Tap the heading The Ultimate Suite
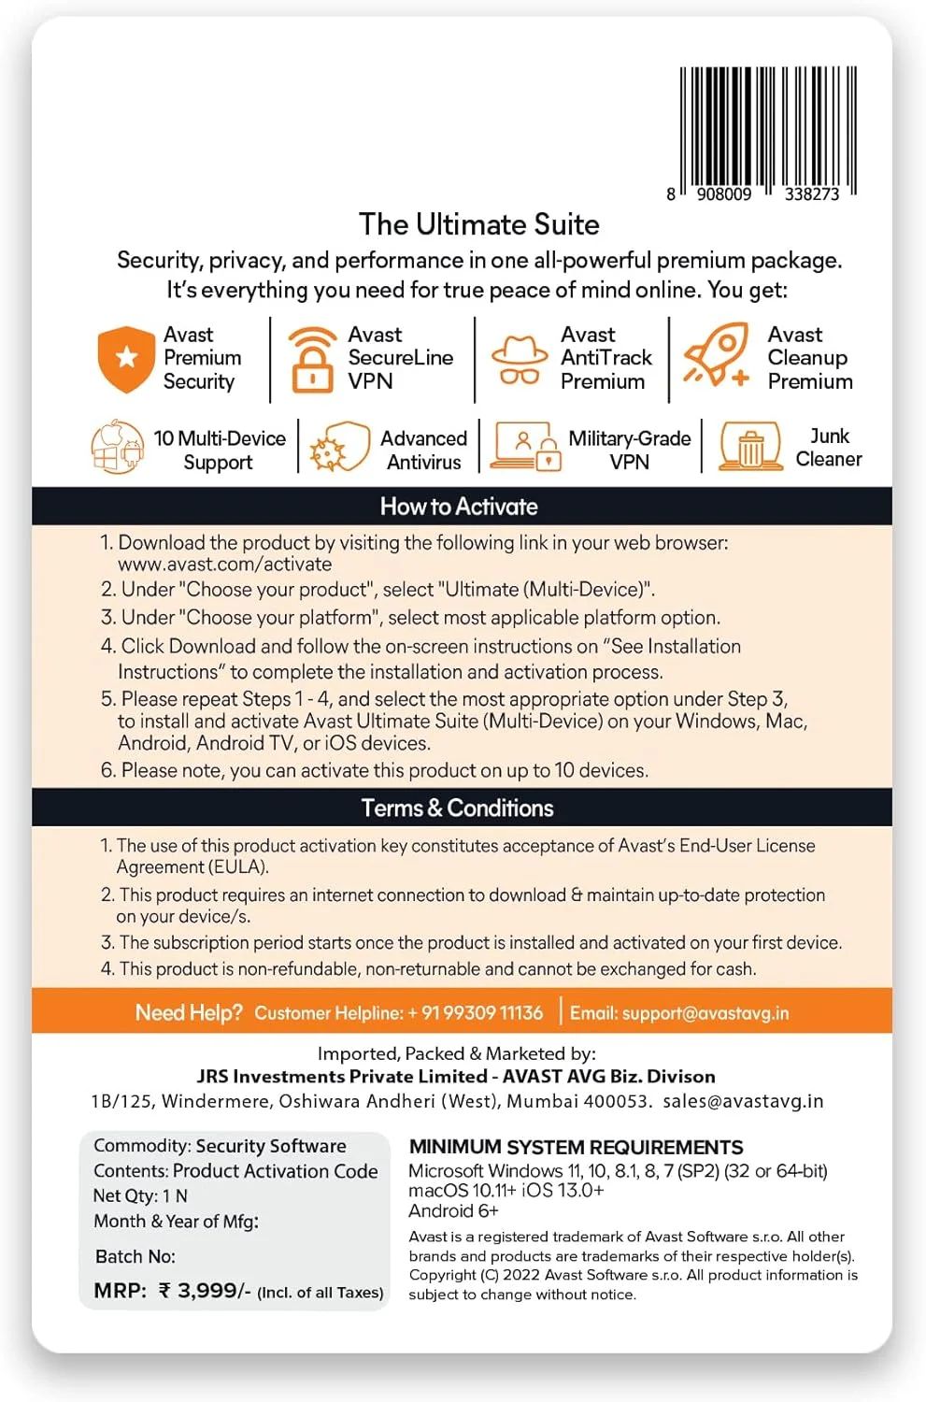478,224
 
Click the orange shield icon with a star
126,359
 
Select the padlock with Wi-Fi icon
312,359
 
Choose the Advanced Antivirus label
423,450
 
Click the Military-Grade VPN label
629,450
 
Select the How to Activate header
459,507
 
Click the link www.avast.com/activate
224,565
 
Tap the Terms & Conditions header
458,808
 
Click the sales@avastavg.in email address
743,1101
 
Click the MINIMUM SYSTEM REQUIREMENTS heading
576,1148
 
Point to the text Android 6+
453,1211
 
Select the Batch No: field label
135,1256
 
